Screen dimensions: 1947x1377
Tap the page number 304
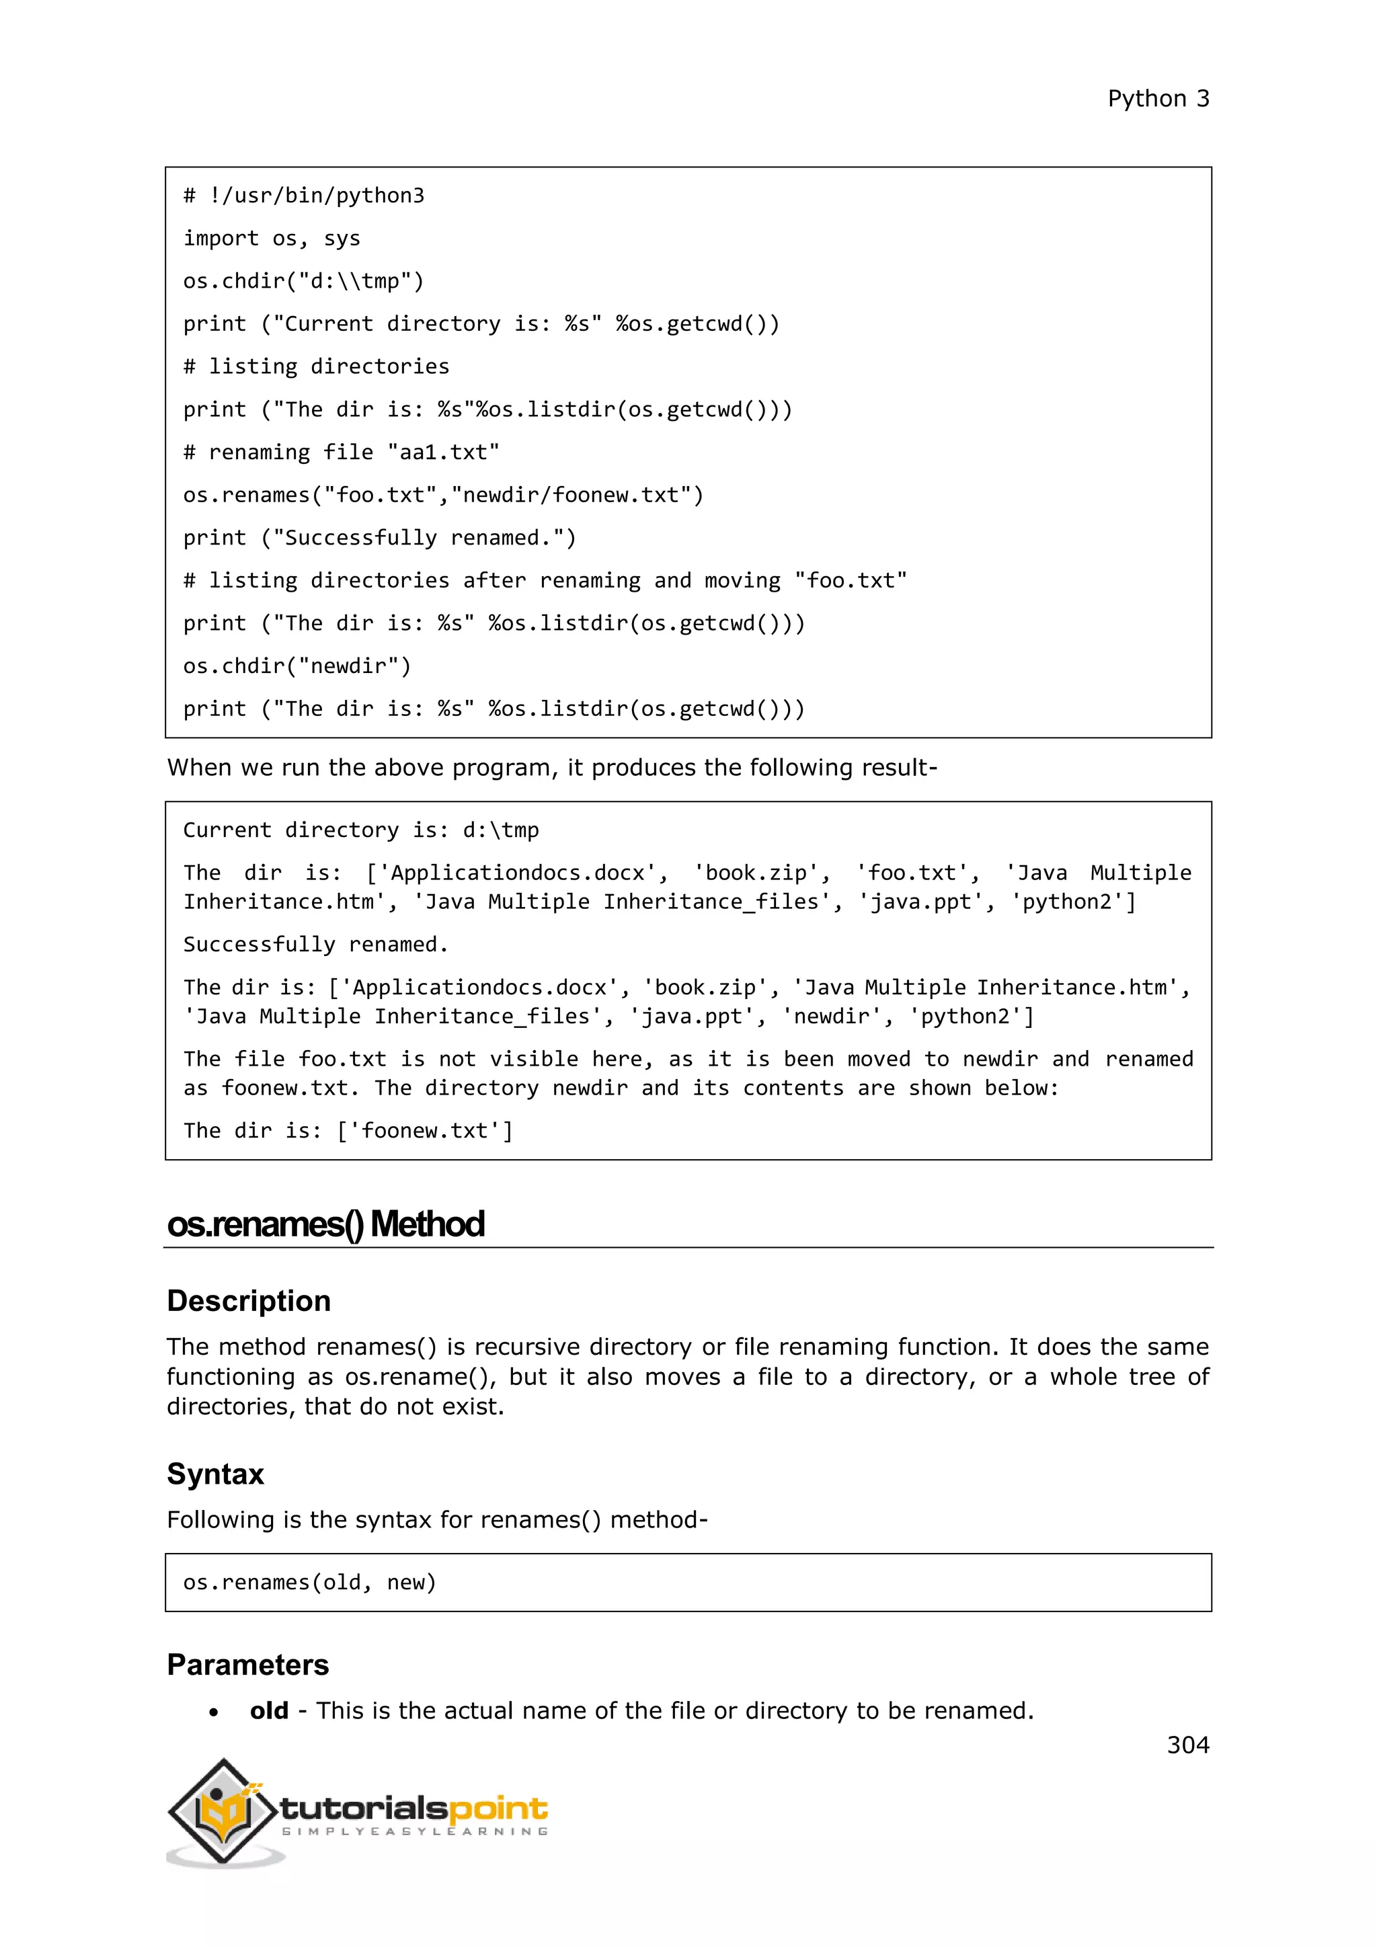(1187, 1745)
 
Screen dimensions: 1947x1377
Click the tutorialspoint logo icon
(224, 1811)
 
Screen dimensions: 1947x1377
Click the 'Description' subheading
(248, 1301)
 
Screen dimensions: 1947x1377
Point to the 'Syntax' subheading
(215, 1474)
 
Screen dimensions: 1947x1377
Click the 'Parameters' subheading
(247, 1665)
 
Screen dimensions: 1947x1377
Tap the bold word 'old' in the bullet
(269, 1710)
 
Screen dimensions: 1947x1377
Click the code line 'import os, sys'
(272, 238)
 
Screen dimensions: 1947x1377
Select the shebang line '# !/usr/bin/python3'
(303, 196)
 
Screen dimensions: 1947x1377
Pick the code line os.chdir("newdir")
(297, 666)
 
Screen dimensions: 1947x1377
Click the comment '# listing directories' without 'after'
(316, 366)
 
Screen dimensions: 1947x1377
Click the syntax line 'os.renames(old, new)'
(309, 1583)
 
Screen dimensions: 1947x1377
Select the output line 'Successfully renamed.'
(315, 944)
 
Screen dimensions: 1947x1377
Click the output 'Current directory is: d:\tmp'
(360, 830)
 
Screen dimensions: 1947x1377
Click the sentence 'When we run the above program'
(551, 767)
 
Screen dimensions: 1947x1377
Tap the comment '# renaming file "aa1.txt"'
(341, 452)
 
